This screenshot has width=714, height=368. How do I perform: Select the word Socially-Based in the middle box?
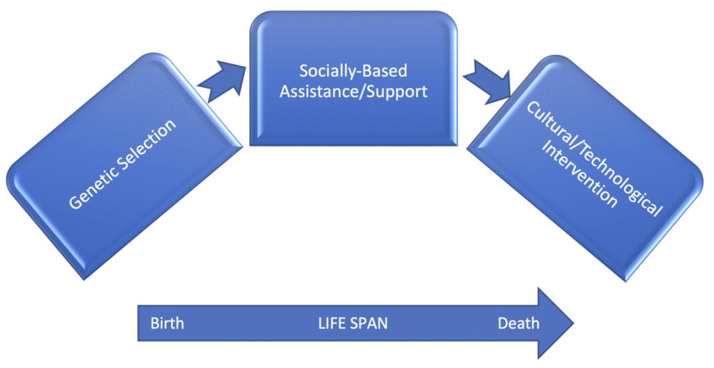[x=354, y=71]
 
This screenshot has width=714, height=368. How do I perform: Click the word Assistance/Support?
[x=354, y=91]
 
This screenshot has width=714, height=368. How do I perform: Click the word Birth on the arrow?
[x=167, y=323]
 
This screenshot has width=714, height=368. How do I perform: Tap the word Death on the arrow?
[x=518, y=323]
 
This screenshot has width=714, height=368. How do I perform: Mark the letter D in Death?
[x=503, y=323]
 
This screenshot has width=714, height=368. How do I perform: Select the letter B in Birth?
[x=155, y=323]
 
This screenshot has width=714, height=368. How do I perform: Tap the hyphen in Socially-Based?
[x=368, y=72]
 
